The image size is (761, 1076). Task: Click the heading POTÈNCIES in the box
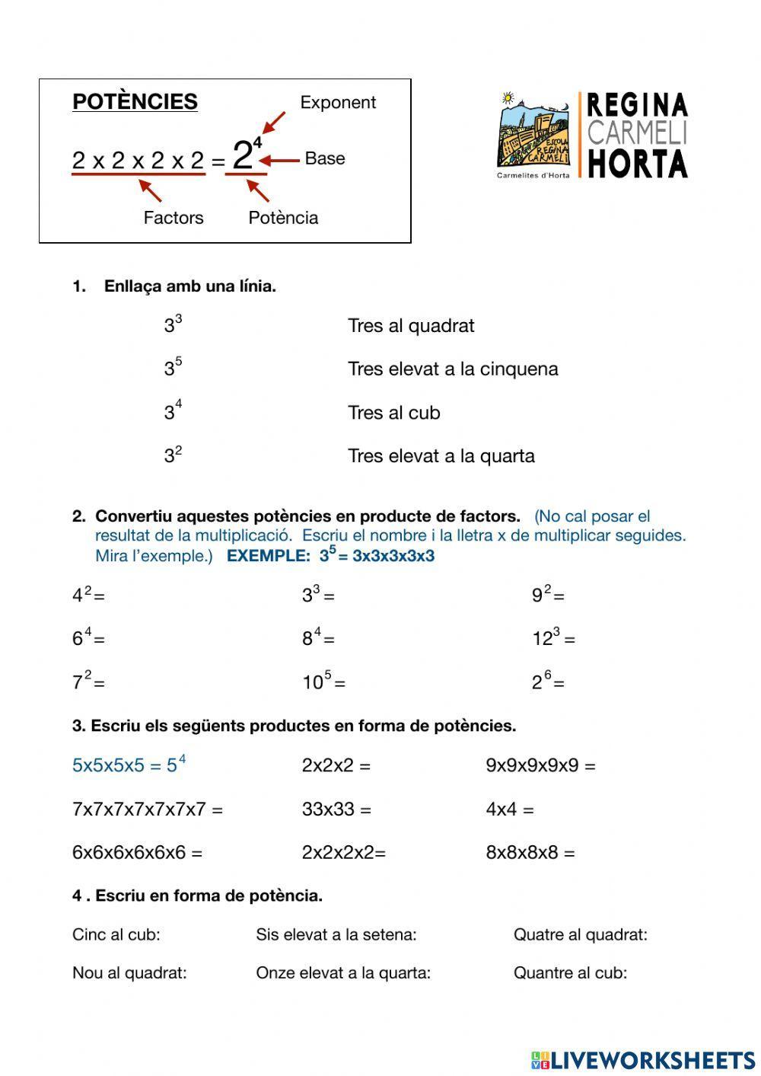click(x=135, y=102)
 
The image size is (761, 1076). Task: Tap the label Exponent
click(x=338, y=103)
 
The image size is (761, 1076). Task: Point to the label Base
click(x=325, y=158)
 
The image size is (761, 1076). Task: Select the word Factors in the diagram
click(x=174, y=218)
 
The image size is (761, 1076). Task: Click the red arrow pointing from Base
click(x=283, y=160)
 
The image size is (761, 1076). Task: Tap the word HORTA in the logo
click(x=638, y=164)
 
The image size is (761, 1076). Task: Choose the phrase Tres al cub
click(x=393, y=413)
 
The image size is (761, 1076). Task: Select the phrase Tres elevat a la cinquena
click(x=453, y=369)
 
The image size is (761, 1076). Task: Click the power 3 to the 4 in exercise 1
click(x=173, y=411)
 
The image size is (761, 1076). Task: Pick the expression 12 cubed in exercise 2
click(x=553, y=637)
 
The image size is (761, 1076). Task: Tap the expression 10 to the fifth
click(x=323, y=681)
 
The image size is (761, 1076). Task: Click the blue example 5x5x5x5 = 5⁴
click(x=129, y=765)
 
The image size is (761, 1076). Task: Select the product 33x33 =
click(x=336, y=809)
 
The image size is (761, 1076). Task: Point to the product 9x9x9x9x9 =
click(x=540, y=765)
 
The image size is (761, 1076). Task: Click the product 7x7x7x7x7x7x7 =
click(x=147, y=809)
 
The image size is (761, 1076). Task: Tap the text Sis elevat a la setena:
click(x=336, y=934)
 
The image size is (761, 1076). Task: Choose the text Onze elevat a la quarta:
click(x=343, y=972)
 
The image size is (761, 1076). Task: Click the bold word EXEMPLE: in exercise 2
click(x=269, y=556)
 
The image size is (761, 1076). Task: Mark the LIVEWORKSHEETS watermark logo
click(x=643, y=1060)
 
